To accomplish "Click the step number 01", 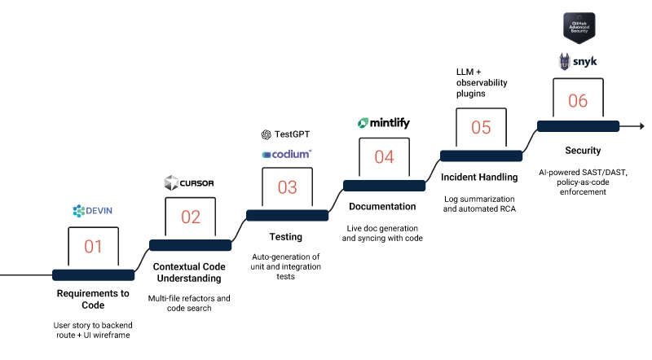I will [93, 246].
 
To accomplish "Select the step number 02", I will [190, 217].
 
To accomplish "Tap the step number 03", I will [287, 187].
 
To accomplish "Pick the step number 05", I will [481, 127].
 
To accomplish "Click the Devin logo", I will [92, 211].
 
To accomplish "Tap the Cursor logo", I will [189, 182].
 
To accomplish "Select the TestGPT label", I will [286, 134].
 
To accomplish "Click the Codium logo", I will [286, 154].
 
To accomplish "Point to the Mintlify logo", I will [384, 123].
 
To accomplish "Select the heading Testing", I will [286, 237].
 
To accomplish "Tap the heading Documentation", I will [382, 207].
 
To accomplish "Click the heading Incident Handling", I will [480, 177].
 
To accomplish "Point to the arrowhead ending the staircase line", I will [641, 126].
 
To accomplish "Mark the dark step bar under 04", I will [384, 186].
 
